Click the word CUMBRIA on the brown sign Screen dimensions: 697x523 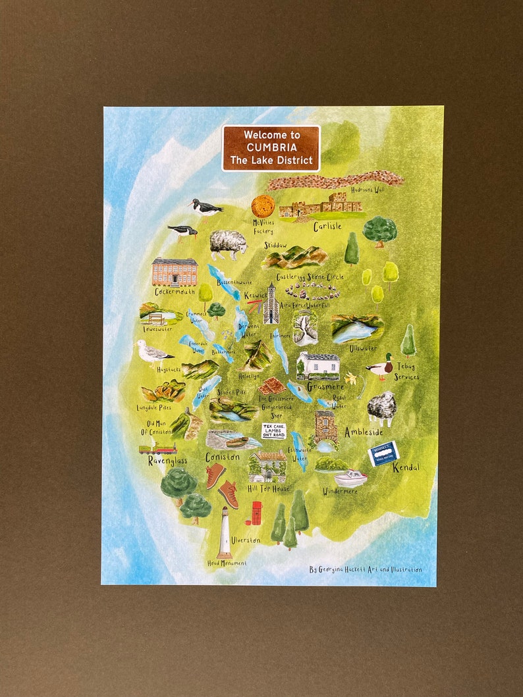point(271,147)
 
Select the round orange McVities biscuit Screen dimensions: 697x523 point(263,205)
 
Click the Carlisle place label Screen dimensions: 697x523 point(327,226)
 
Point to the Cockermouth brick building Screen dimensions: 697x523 point(175,271)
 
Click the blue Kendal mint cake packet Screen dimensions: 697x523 point(383,453)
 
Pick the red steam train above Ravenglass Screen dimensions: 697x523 point(157,450)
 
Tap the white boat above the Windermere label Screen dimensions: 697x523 point(350,478)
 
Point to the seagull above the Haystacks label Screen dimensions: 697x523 point(154,353)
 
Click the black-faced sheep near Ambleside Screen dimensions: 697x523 point(381,409)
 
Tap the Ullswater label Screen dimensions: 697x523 point(363,347)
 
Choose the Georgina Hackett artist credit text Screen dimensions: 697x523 point(365,569)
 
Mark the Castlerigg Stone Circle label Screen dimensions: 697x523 point(310,277)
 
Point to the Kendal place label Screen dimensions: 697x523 point(405,468)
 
